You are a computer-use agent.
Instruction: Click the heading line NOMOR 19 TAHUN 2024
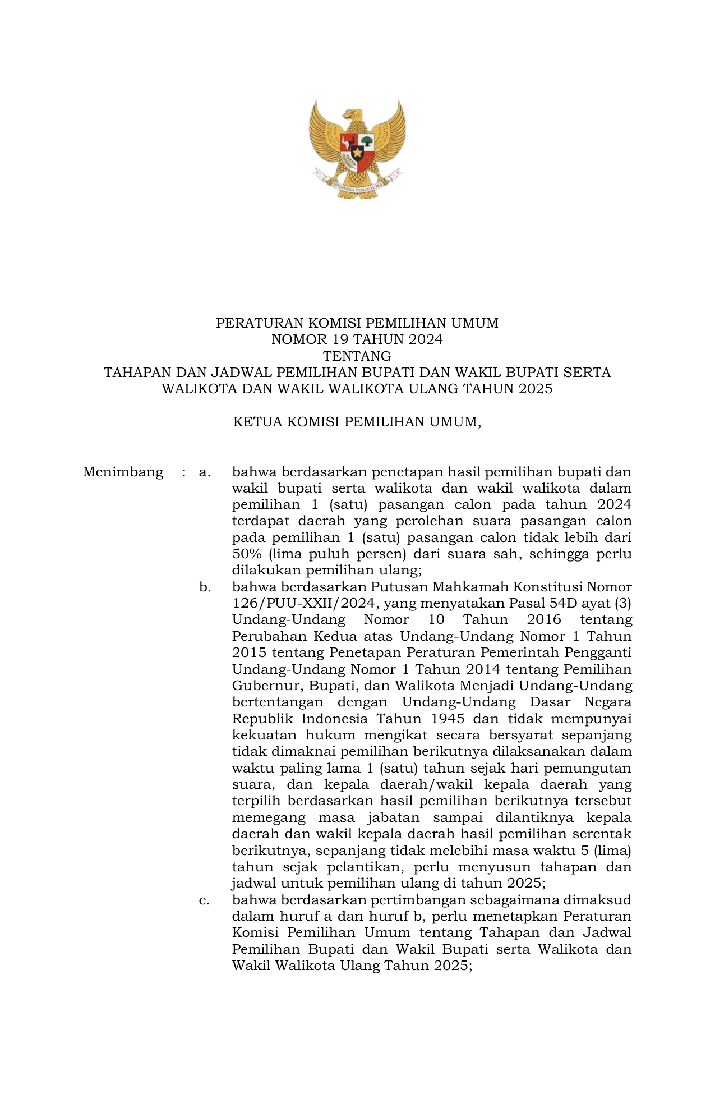pyautogui.click(x=357, y=339)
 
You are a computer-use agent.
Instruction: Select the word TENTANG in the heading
pyautogui.click(x=357, y=356)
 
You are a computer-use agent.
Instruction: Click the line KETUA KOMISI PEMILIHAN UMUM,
pyautogui.click(x=357, y=421)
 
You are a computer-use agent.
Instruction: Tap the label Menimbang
pyautogui.click(x=123, y=472)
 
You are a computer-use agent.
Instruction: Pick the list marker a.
pyautogui.click(x=205, y=472)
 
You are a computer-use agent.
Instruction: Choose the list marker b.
pyautogui.click(x=205, y=587)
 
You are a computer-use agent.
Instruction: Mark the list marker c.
pyautogui.click(x=205, y=900)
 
